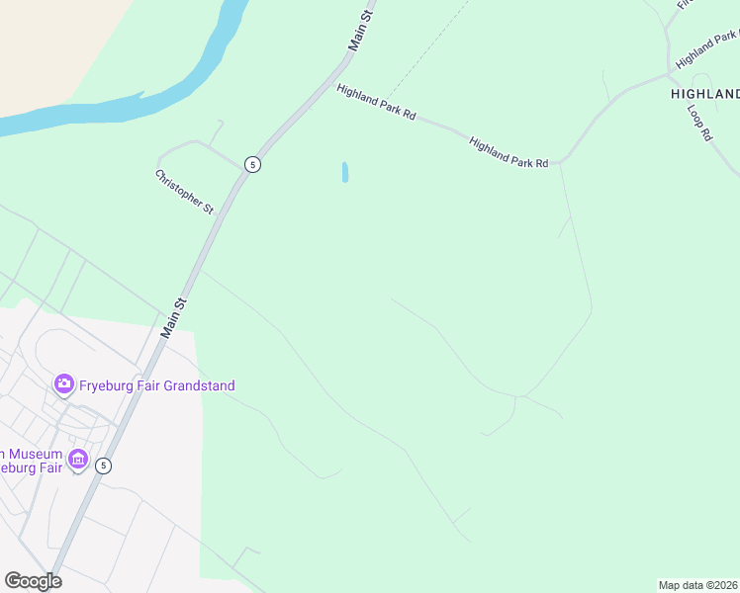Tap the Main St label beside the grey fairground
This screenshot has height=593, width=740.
point(174,317)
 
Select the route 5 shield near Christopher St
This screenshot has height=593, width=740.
point(253,164)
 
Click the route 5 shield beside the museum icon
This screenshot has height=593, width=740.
point(103,466)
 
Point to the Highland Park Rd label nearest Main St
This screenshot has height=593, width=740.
point(375,102)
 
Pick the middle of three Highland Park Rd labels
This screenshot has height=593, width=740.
point(509,151)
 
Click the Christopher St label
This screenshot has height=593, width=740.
point(184,192)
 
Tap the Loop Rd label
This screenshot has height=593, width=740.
point(699,121)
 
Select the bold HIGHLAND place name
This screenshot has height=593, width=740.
point(704,94)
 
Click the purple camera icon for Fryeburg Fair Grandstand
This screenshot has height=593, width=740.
point(64,383)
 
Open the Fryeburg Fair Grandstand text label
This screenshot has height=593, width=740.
point(156,385)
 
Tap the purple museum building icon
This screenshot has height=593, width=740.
point(77,461)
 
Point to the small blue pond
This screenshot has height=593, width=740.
point(344,172)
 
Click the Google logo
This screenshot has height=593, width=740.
point(33,581)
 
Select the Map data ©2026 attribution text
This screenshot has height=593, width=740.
point(697,585)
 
